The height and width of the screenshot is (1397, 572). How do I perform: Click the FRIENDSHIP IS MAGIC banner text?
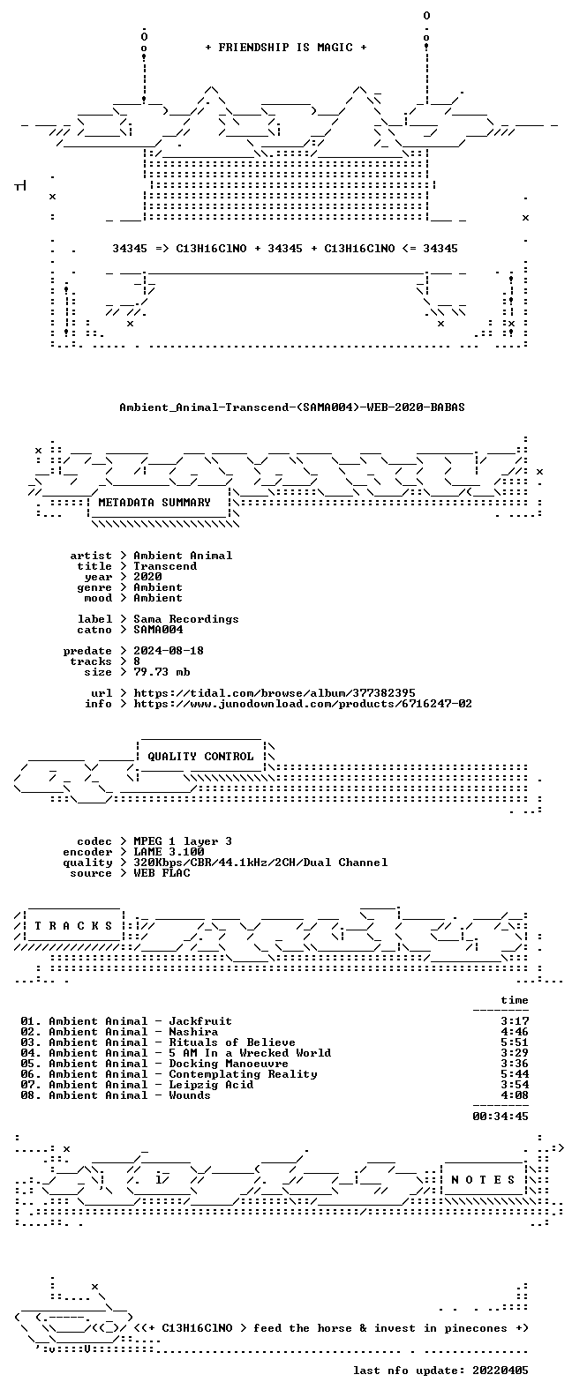pyautogui.click(x=286, y=48)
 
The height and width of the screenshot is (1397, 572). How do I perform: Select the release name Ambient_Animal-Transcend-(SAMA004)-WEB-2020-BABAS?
pyautogui.click(x=292, y=407)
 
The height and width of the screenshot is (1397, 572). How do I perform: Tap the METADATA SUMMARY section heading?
pyautogui.click(x=154, y=502)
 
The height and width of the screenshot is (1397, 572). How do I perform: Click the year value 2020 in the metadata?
pyautogui.click(x=147, y=576)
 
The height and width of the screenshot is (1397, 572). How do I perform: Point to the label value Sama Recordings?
pyautogui.click(x=186, y=618)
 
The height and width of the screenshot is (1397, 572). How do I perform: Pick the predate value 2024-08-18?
pyautogui.click(x=169, y=651)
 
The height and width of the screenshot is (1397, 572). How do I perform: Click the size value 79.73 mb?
pyautogui.click(x=162, y=672)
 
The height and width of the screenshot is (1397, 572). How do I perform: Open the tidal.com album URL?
pyautogui.click(x=275, y=693)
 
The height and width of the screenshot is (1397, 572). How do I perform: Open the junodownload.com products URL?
pyautogui.click(x=303, y=704)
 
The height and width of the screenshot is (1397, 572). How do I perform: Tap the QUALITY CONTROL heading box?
pyautogui.click(x=200, y=757)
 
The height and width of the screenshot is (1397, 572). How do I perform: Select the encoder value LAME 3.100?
pyautogui.click(x=169, y=852)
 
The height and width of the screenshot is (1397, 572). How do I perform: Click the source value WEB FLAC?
pyautogui.click(x=162, y=873)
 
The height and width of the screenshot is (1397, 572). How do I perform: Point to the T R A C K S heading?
pyautogui.click(x=73, y=925)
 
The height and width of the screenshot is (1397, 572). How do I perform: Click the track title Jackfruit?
pyautogui.click(x=200, y=1021)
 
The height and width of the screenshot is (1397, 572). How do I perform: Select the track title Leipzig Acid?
pyautogui.click(x=211, y=1085)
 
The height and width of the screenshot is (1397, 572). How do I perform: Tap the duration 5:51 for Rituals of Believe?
pyautogui.click(x=515, y=1042)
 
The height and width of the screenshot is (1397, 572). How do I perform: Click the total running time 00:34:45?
pyautogui.click(x=500, y=1117)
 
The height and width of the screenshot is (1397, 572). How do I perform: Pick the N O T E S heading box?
pyautogui.click(x=484, y=1180)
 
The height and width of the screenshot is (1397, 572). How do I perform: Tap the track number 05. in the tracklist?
pyautogui.click(x=31, y=1064)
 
